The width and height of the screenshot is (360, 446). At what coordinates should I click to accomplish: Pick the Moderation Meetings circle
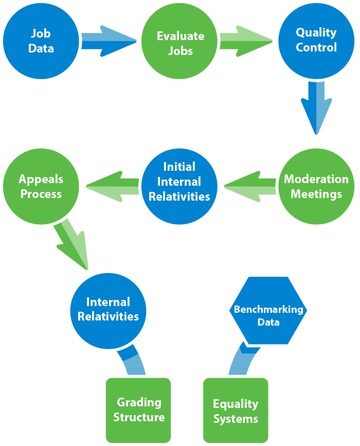tap(316, 186)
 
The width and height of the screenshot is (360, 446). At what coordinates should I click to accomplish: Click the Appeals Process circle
tap(41, 186)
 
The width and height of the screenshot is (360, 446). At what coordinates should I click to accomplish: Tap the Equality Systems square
tap(236, 411)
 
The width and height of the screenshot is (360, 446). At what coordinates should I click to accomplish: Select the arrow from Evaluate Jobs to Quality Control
tap(246, 41)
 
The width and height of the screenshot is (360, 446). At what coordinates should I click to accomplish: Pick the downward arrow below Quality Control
tap(316, 108)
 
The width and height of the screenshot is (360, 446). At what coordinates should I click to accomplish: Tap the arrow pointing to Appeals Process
tap(112, 186)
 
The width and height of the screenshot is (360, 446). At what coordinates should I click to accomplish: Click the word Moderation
tap(316, 180)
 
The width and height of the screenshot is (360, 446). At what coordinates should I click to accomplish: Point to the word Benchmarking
tap(268, 310)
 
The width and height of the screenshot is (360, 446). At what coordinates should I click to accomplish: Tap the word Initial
tap(179, 167)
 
